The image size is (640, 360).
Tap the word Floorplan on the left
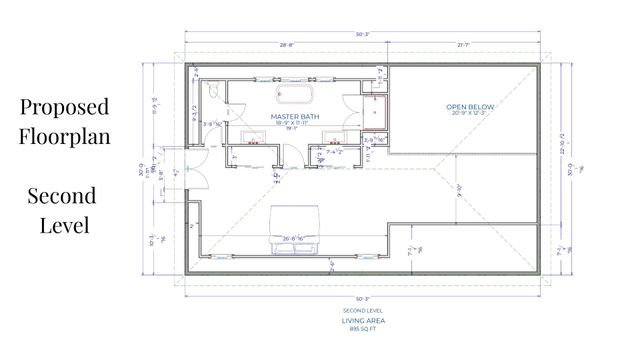pyautogui.click(x=63, y=136)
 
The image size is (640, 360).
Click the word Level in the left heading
pyautogui.click(x=63, y=225)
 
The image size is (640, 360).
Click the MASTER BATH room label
pyautogui.click(x=293, y=117)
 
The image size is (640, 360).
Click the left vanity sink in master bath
pyautogui.click(x=255, y=142)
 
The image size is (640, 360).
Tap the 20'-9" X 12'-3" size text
pyautogui.click(x=469, y=113)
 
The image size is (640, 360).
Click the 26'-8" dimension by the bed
pyautogui.click(x=293, y=239)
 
